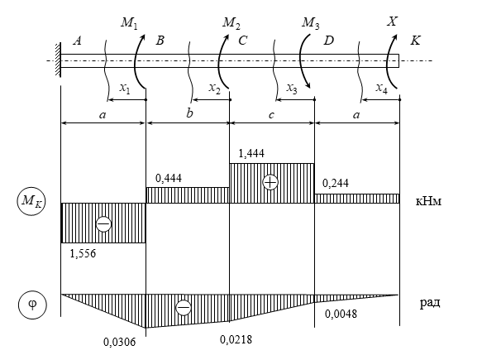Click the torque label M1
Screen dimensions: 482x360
(x=129, y=23)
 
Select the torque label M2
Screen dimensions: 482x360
(x=231, y=23)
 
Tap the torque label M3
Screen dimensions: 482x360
(x=311, y=23)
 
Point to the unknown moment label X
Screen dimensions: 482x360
(x=392, y=22)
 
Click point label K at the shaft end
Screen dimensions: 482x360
(x=415, y=41)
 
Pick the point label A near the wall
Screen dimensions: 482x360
(x=77, y=41)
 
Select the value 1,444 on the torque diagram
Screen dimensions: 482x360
(x=251, y=153)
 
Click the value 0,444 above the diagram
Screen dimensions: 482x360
(x=169, y=178)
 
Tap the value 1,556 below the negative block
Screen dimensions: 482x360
(x=83, y=253)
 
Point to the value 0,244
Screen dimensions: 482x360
(x=336, y=184)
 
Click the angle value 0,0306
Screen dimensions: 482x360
(x=119, y=342)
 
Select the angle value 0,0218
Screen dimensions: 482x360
(x=236, y=339)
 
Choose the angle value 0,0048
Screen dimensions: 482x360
(x=341, y=314)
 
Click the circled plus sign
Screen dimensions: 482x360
(x=270, y=182)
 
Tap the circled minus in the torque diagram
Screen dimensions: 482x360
(x=103, y=224)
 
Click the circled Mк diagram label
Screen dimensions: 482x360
(x=31, y=201)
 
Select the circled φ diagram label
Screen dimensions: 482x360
(x=32, y=305)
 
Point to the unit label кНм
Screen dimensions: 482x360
(x=428, y=201)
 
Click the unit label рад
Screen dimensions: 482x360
(x=430, y=303)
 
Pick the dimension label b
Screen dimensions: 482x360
(x=189, y=113)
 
